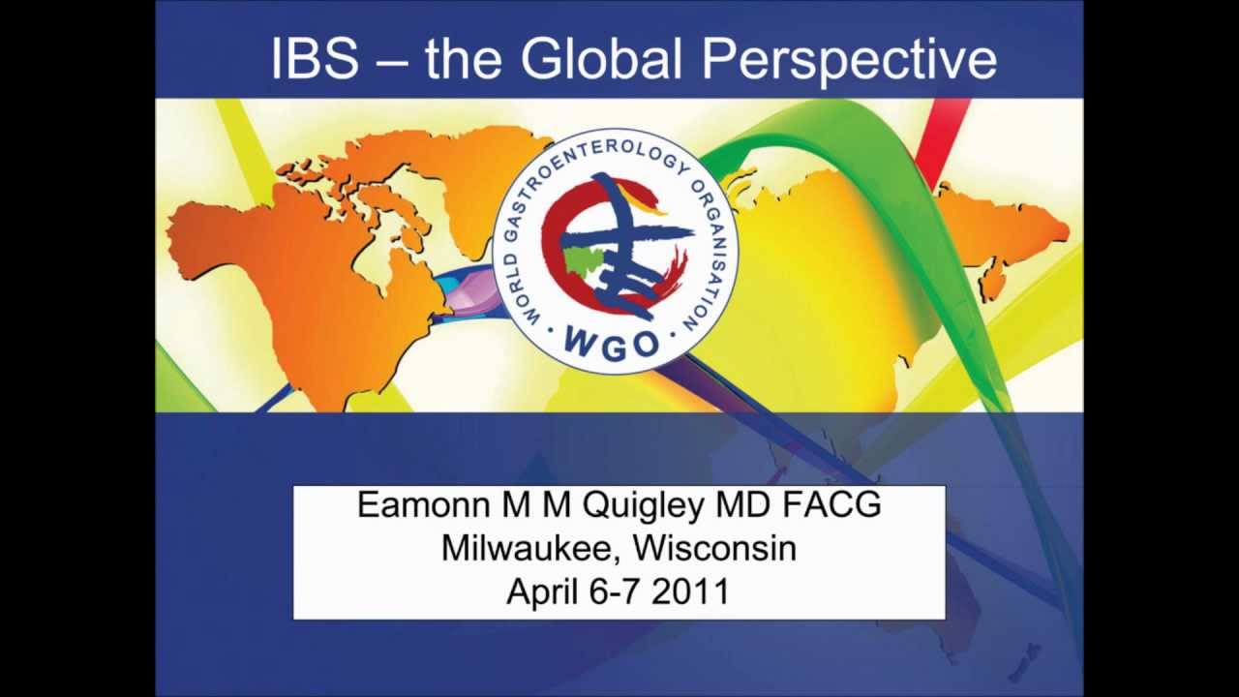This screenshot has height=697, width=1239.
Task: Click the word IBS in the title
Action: point(314,59)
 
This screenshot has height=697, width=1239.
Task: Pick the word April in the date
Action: point(541,591)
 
